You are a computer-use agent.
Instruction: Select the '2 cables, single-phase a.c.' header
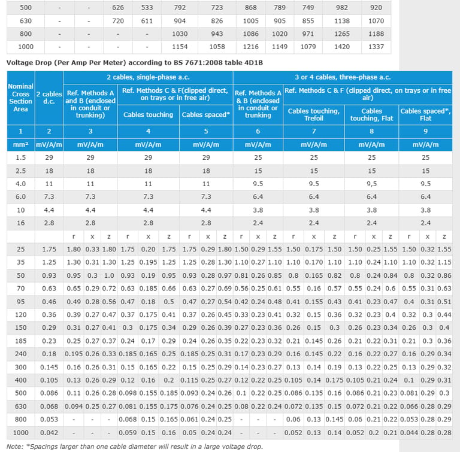[x=147, y=77]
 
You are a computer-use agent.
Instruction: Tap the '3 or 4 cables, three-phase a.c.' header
[x=342, y=77]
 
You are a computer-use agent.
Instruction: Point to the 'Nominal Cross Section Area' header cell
[x=20, y=98]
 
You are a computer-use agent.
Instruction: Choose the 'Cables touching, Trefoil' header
[x=314, y=114]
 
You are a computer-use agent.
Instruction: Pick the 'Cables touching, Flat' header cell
[x=371, y=114]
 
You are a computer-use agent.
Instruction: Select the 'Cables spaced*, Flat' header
[x=425, y=114]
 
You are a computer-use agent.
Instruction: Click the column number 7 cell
[x=314, y=131]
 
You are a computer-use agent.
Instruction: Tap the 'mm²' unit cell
[x=20, y=145]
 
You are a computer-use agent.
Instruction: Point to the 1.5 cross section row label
[x=20, y=157]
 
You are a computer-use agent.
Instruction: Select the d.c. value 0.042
[x=49, y=432]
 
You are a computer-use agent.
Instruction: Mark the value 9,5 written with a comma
[x=372, y=184]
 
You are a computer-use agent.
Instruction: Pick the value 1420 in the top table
[x=341, y=47]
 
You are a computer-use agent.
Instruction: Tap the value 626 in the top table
[x=117, y=7]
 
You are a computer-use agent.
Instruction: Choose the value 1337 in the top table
[x=376, y=47]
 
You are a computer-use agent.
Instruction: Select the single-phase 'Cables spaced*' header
[x=206, y=114]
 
